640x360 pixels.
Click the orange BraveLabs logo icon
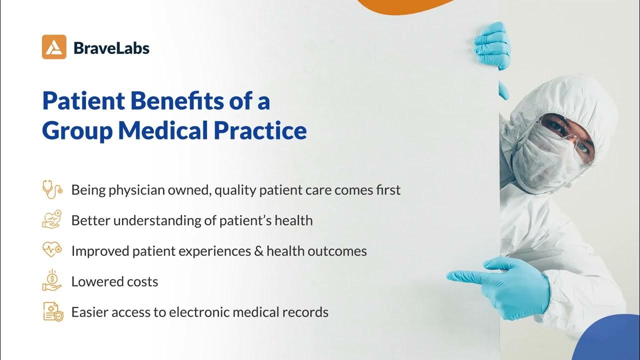pyautogui.click(x=54, y=47)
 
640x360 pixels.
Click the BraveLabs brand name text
pyautogui.click(x=111, y=48)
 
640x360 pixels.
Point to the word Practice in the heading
pyautogui.click(x=260, y=130)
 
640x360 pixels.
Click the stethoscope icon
pyautogui.click(x=52, y=190)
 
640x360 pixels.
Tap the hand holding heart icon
pyautogui.click(x=52, y=220)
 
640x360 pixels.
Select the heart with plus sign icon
pyautogui.click(x=52, y=250)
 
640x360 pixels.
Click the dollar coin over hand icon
pyautogui.click(x=52, y=280)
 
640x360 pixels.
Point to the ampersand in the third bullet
pyautogui.click(x=258, y=250)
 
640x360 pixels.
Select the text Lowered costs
pyautogui.click(x=114, y=281)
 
